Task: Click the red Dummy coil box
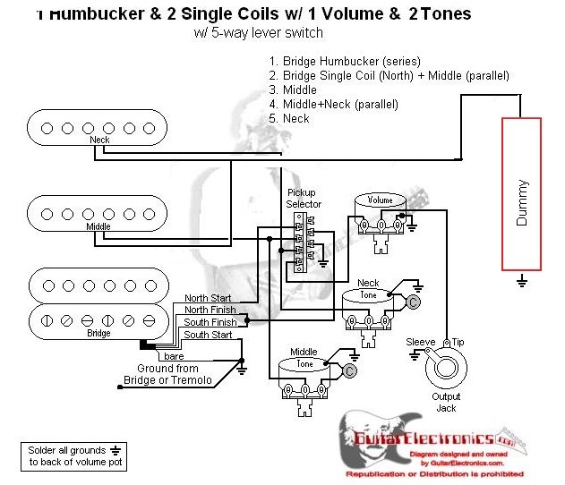(x=522, y=191)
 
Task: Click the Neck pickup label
(x=100, y=141)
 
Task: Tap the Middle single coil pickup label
(x=98, y=227)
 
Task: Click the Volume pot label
(x=382, y=200)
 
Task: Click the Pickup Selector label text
(x=304, y=199)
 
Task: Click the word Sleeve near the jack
(x=421, y=343)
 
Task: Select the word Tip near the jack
(x=458, y=343)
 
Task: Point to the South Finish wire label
(x=210, y=322)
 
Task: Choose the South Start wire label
(x=208, y=335)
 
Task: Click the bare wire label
(x=175, y=356)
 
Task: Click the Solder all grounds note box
(x=75, y=455)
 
